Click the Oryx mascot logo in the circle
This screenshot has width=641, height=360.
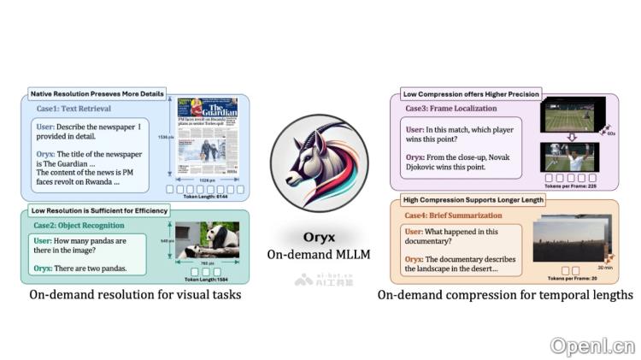click(320, 162)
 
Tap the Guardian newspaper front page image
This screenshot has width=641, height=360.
click(209, 139)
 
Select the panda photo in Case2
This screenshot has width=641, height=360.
click(207, 242)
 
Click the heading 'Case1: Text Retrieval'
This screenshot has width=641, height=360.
click(74, 109)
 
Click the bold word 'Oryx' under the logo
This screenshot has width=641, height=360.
click(319, 237)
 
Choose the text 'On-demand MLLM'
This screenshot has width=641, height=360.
click(319, 254)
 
